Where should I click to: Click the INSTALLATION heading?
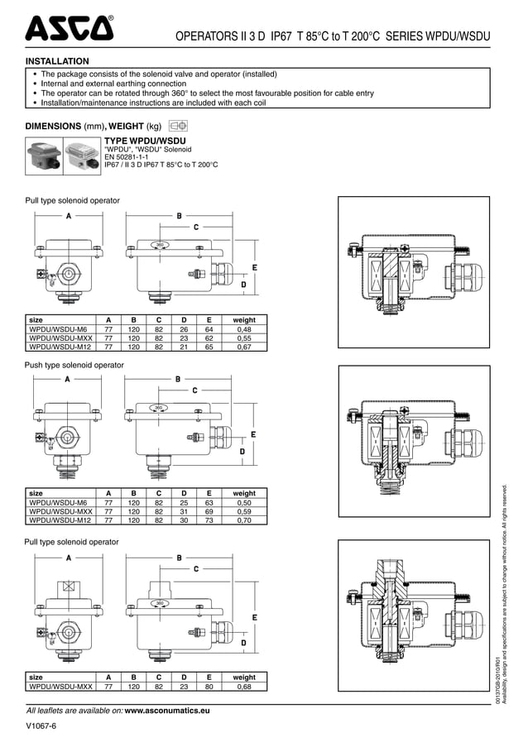click(57, 61)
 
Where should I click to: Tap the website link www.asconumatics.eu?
click(166, 710)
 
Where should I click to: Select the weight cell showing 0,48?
click(244, 328)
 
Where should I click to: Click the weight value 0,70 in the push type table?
click(244, 521)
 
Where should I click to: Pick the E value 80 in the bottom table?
click(209, 686)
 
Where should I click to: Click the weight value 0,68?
click(244, 686)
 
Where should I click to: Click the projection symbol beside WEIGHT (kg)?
click(178, 126)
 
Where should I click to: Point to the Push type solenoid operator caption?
click(74, 365)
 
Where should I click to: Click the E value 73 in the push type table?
click(209, 521)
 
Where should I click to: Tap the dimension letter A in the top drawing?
click(67, 215)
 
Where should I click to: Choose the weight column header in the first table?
click(244, 319)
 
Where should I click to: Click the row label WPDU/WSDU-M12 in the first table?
click(59, 347)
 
